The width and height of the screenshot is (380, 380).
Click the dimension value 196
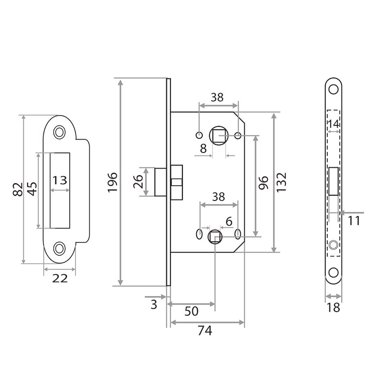point(113,183)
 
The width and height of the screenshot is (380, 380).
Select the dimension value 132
point(282,182)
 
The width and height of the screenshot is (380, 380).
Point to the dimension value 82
point(18,189)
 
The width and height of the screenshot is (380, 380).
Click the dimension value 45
point(32,189)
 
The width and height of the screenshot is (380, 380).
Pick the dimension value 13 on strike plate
point(60,180)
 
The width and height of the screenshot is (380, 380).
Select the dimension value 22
point(59,279)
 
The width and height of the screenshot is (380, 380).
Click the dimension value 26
point(138,181)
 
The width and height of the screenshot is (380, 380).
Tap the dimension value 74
point(205,332)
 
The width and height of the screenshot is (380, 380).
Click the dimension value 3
point(153,304)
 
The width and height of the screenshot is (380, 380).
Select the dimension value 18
point(334,308)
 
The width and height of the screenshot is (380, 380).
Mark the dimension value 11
point(354,221)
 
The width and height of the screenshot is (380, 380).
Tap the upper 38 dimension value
point(217,97)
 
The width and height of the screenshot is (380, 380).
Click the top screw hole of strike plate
point(60,131)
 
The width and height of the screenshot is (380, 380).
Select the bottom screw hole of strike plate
point(60,247)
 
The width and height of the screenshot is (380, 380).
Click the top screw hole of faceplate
point(334,90)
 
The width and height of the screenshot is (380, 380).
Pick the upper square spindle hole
point(219,136)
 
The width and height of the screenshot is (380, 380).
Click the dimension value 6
point(228,221)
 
